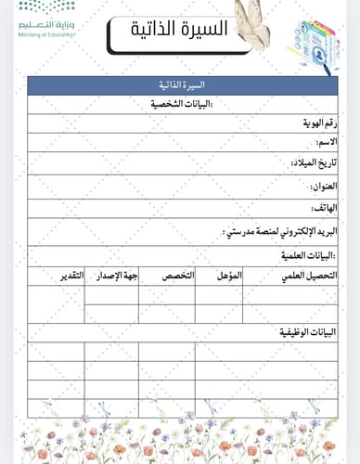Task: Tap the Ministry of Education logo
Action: [x=47, y=21]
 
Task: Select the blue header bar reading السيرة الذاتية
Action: [x=182, y=84]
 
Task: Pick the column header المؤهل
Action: [x=228, y=276]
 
